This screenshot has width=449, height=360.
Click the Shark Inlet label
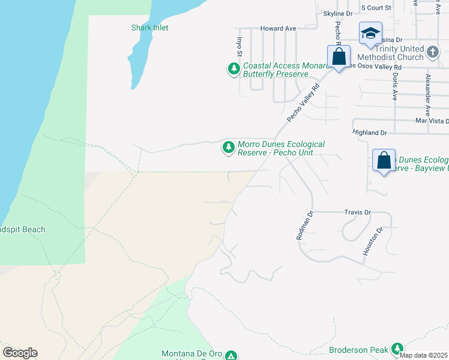(x=150, y=28)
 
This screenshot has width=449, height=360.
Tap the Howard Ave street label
(x=278, y=28)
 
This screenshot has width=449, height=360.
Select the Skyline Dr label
(x=338, y=13)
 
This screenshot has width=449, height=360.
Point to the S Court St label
(x=376, y=8)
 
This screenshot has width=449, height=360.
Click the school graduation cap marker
(x=370, y=32)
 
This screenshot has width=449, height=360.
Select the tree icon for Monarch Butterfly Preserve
(x=234, y=69)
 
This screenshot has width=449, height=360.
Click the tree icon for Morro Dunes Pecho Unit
(x=228, y=147)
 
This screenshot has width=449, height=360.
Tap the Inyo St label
(x=239, y=47)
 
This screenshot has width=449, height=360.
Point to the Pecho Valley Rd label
(x=303, y=103)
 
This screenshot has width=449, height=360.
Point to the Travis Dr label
(x=358, y=212)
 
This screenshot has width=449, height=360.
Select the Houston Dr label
(x=372, y=242)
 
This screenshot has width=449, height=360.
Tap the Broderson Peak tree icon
(x=397, y=349)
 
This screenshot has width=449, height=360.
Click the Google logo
(x=20, y=353)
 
